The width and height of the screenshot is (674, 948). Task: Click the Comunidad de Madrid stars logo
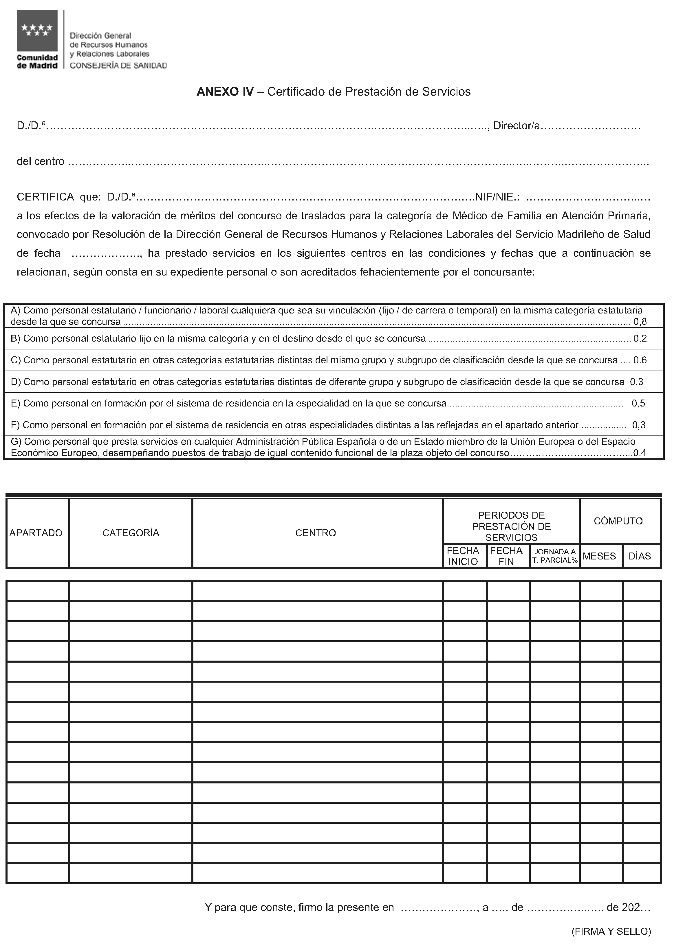(x=37, y=31)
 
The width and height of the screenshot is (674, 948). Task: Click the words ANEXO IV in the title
(x=225, y=92)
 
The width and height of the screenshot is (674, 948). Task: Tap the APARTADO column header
(x=36, y=533)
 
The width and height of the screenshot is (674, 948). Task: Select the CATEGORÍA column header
(x=131, y=533)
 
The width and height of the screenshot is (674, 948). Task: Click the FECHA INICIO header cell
(x=463, y=556)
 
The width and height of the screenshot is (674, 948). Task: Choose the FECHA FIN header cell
(x=506, y=556)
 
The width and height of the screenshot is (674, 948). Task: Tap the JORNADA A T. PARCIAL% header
(x=555, y=556)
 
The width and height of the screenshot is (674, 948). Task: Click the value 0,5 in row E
(x=638, y=403)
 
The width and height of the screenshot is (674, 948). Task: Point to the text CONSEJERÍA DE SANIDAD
(x=118, y=65)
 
